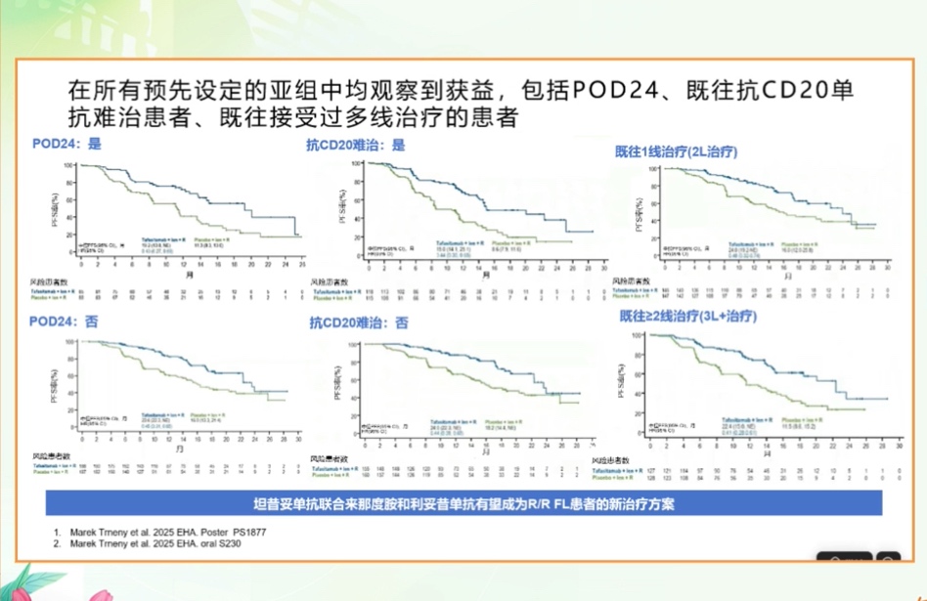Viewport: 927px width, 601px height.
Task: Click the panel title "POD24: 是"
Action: click(66, 144)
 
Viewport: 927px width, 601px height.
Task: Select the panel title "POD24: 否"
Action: click(66, 322)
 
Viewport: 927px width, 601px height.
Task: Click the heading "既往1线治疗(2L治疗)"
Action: click(676, 152)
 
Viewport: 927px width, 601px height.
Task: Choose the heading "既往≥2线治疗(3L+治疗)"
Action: click(687, 317)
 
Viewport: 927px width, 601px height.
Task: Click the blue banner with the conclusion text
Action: click(463, 502)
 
